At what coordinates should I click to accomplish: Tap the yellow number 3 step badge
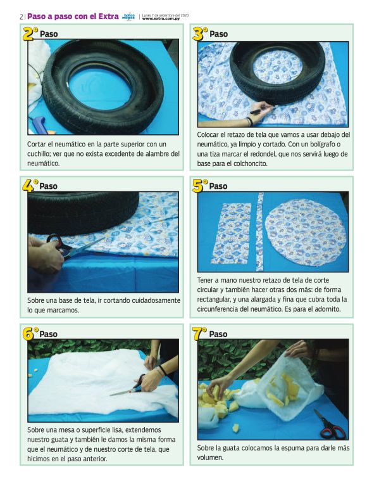point(200,33)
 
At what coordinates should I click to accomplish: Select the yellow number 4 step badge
point(30,185)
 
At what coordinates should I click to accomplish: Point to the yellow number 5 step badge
point(200,185)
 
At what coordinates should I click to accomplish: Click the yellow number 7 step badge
point(200,333)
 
